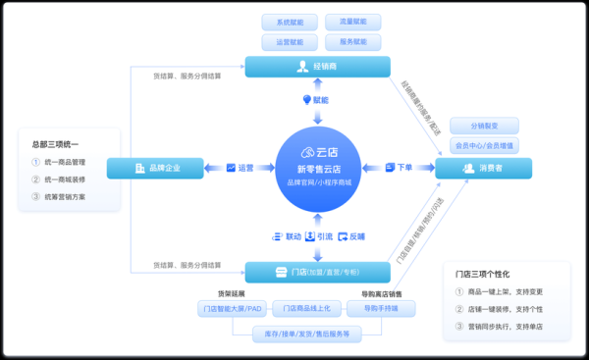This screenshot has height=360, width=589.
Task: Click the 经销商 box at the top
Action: (x=317, y=67)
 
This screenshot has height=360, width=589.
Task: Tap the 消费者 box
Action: (x=483, y=169)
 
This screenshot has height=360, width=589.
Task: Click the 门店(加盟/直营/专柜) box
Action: (x=317, y=272)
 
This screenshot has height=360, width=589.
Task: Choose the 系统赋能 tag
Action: (x=290, y=22)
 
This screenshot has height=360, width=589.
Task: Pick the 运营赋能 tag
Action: (x=290, y=42)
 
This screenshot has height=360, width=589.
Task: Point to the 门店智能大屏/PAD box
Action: (x=232, y=310)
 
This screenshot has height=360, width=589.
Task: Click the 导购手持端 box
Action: (x=379, y=310)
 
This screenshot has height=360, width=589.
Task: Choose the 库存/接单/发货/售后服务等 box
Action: (x=307, y=334)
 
